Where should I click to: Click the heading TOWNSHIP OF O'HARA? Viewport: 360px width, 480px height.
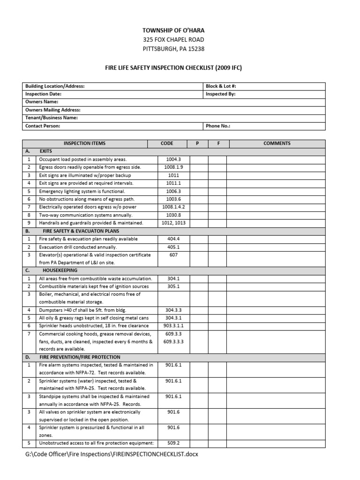[173, 30]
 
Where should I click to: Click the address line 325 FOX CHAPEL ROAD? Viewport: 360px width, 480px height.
[173, 40]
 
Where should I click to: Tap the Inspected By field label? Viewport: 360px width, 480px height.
[220, 94]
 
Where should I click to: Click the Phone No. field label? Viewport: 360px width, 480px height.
[218, 126]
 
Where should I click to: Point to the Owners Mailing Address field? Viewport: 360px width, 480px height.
[52, 110]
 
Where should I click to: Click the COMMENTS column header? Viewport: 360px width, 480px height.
[277, 143]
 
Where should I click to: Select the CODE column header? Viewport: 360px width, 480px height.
[167, 143]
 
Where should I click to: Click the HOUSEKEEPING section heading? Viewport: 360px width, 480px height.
[60, 270]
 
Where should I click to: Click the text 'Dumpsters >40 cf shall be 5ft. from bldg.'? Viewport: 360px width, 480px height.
[82, 310]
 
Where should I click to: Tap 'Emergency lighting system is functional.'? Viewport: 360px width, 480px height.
[82, 191]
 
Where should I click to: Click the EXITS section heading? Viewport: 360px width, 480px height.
[46, 151]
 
